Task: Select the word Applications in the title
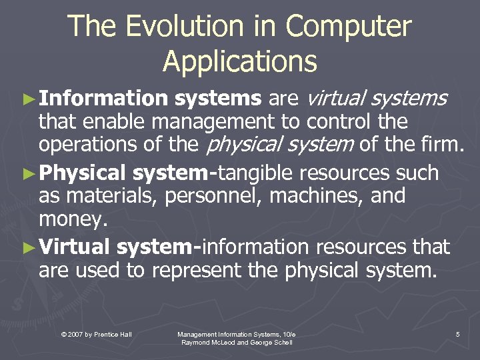240,61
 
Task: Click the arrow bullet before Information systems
27,99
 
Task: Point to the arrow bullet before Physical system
27,174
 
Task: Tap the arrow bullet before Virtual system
27,248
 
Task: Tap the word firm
443,144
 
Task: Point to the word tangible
257,173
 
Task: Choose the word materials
104,196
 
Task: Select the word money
71,219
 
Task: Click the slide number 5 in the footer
457,333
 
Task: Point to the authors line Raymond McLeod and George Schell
237,342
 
